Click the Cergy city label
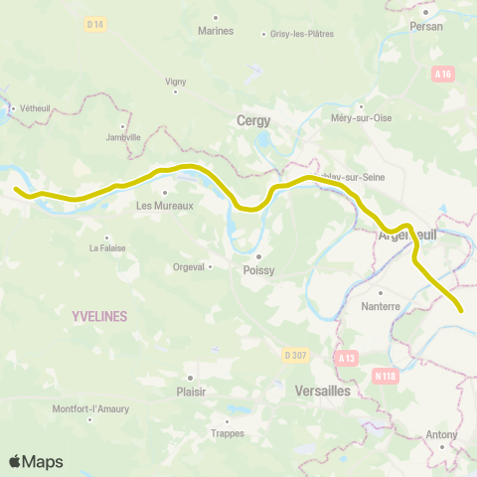point(253,120)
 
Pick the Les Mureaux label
point(164,206)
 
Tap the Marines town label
point(216,30)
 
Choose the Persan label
point(425,27)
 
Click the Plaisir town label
point(191,391)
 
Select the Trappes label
point(228,432)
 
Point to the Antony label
point(441,434)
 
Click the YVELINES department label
point(99,315)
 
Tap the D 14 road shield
point(94,23)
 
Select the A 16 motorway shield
point(443,74)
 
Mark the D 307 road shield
point(294,355)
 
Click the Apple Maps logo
point(36,461)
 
